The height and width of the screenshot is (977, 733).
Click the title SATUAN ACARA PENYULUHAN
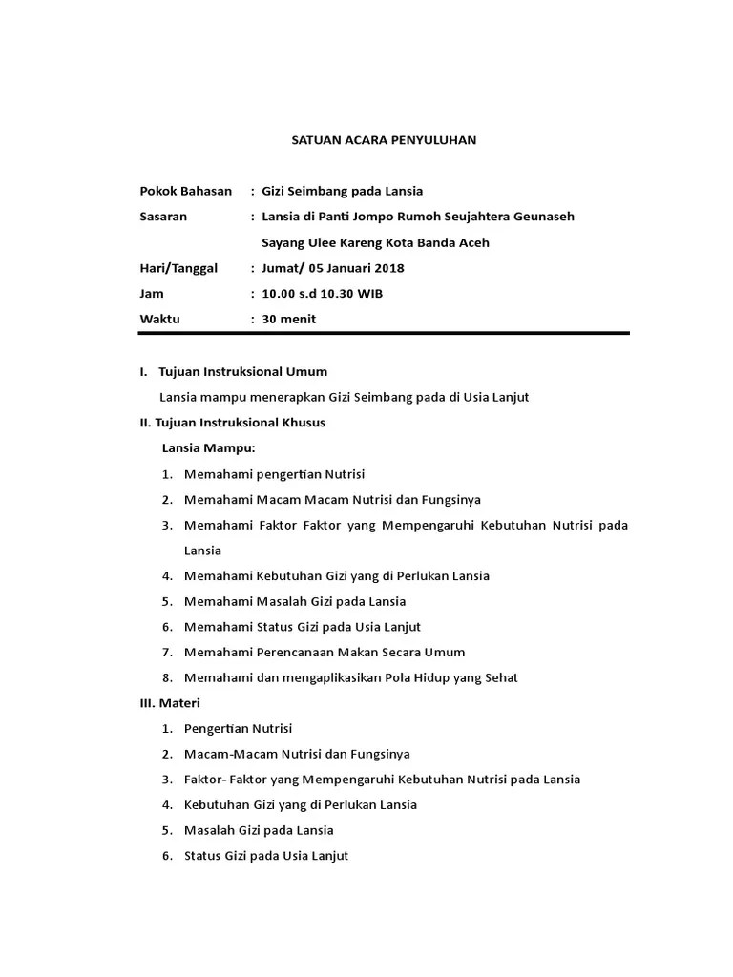[x=383, y=140]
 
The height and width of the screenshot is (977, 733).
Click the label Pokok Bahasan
[x=186, y=191]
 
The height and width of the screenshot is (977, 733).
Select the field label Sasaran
[x=163, y=217]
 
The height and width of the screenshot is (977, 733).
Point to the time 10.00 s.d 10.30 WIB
[x=323, y=294]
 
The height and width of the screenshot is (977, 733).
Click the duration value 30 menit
[x=288, y=320]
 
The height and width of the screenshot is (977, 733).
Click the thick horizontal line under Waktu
[x=385, y=334]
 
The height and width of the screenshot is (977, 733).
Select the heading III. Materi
[x=163, y=703]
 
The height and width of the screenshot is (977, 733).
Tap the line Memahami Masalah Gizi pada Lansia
[x=295, y=601]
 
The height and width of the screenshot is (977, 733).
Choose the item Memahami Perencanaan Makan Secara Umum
[x=325, y=653]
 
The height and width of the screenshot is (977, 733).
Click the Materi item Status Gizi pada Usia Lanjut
[x=266, y=856]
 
